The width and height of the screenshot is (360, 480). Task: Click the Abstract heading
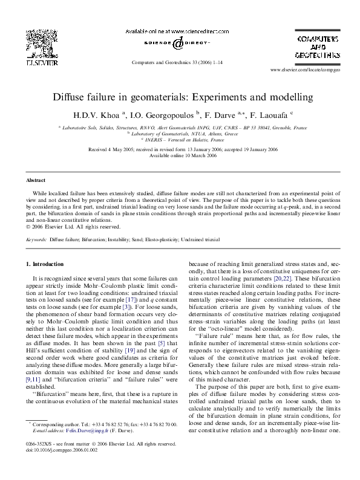pos(35,180)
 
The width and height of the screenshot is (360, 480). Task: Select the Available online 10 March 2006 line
pos(180,155)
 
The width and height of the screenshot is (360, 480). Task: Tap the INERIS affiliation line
pos(180,139)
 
